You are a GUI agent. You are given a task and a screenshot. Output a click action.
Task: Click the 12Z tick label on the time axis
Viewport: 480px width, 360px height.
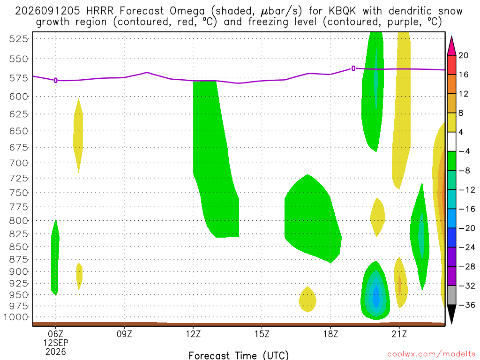point(193,334)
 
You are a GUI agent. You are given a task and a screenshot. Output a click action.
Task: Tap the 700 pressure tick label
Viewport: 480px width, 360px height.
point(18,163)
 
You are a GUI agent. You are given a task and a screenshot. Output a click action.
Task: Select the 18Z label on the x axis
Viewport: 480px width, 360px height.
point(330,334)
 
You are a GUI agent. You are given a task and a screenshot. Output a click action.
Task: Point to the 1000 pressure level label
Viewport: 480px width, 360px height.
point(16,317)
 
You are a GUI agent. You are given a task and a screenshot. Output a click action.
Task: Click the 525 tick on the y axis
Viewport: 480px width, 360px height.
point(18,39)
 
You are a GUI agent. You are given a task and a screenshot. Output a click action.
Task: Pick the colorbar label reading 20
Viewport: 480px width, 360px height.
point(463,55)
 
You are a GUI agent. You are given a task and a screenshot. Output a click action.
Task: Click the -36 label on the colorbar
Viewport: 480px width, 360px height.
point(466,305)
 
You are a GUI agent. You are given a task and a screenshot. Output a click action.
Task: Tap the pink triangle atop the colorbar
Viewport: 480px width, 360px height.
point(451,46)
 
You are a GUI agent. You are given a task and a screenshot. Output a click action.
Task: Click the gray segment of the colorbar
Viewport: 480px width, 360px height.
point(451,295)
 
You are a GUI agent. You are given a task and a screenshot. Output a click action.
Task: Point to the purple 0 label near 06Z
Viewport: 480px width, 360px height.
point(55,81)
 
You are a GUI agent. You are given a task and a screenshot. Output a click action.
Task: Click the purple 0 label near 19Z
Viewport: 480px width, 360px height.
point(353,68)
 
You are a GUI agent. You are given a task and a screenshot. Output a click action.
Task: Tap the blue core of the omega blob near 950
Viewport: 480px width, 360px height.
point(376,296)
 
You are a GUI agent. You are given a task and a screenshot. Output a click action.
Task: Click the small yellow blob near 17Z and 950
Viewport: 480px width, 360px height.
point(307,300)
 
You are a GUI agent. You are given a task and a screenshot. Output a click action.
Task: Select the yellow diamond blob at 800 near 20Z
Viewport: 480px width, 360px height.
point(377,217)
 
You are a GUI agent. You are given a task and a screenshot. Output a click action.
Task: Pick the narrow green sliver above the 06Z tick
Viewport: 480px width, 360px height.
point(55,258)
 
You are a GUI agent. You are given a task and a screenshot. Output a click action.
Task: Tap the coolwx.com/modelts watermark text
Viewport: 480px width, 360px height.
point(431,354)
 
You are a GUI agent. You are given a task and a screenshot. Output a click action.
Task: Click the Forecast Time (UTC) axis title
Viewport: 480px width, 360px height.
point(239,355)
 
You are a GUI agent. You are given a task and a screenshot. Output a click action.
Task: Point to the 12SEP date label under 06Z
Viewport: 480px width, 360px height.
point(55,343)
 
